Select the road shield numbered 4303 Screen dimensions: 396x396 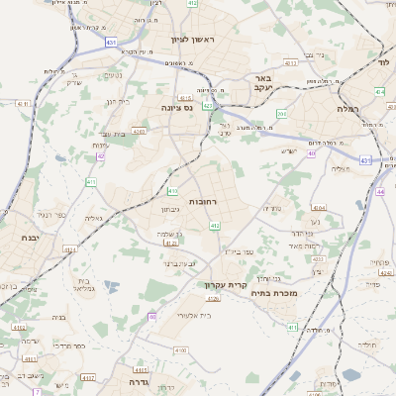(139, 130)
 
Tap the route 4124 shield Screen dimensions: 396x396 (70, 250)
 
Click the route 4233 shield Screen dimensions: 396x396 (318, 258)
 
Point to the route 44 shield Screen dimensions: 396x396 (381, 190)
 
